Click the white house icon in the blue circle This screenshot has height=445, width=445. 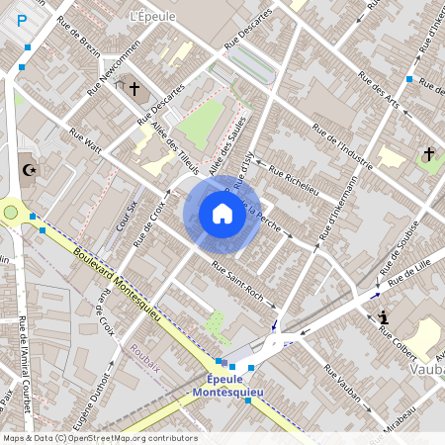(222, 213)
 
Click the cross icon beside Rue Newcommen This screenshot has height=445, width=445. (133, 90)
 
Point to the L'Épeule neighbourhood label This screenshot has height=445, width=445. (151, 17)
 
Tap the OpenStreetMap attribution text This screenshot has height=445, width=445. (99, 438)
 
